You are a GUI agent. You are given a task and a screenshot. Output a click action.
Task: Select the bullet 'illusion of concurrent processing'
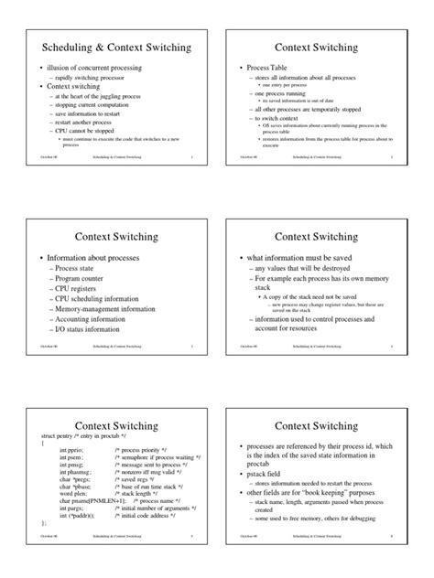coord(82,69)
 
